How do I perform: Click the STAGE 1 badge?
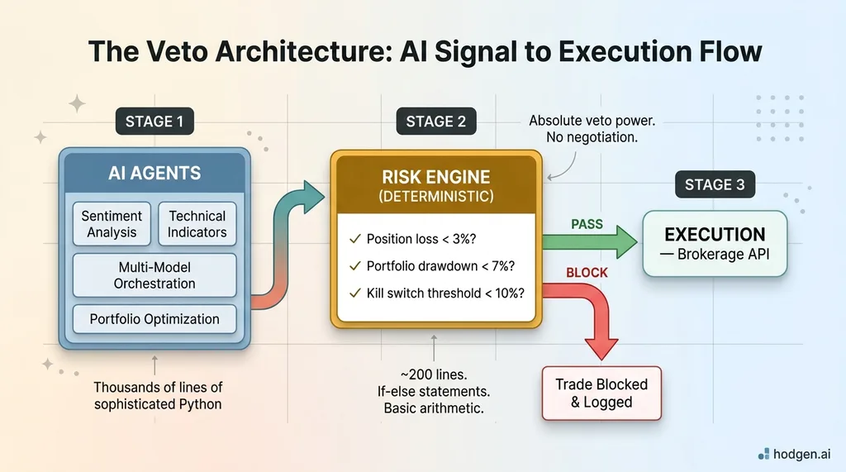(154, 122)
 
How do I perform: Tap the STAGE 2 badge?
(435, 122)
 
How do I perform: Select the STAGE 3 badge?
(715, 184)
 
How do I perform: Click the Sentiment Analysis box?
(112, 224)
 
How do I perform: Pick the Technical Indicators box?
(197, 224)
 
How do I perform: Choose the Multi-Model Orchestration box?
(154, 275)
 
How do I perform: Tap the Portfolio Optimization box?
(154, 319)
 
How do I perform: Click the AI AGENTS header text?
(154, 174)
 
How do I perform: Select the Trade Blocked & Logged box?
(601, 393)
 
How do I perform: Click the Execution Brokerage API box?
(715, 244)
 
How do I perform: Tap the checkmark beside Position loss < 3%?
(355, 240)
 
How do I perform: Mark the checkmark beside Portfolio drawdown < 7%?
(355, 266)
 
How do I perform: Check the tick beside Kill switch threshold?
(355, 293)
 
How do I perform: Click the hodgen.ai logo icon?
(763, 453)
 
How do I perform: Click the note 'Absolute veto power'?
(592, 122)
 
